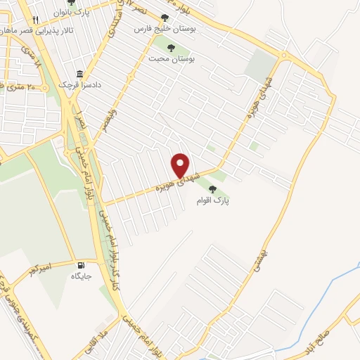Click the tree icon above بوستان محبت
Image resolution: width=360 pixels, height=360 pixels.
(x=172, y=48)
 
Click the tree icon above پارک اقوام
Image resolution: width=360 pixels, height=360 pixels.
(x=213, y=188)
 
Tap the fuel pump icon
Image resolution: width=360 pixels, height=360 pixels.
(x=82, y=266)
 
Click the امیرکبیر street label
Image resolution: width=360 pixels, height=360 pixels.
(x=37, y=270)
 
